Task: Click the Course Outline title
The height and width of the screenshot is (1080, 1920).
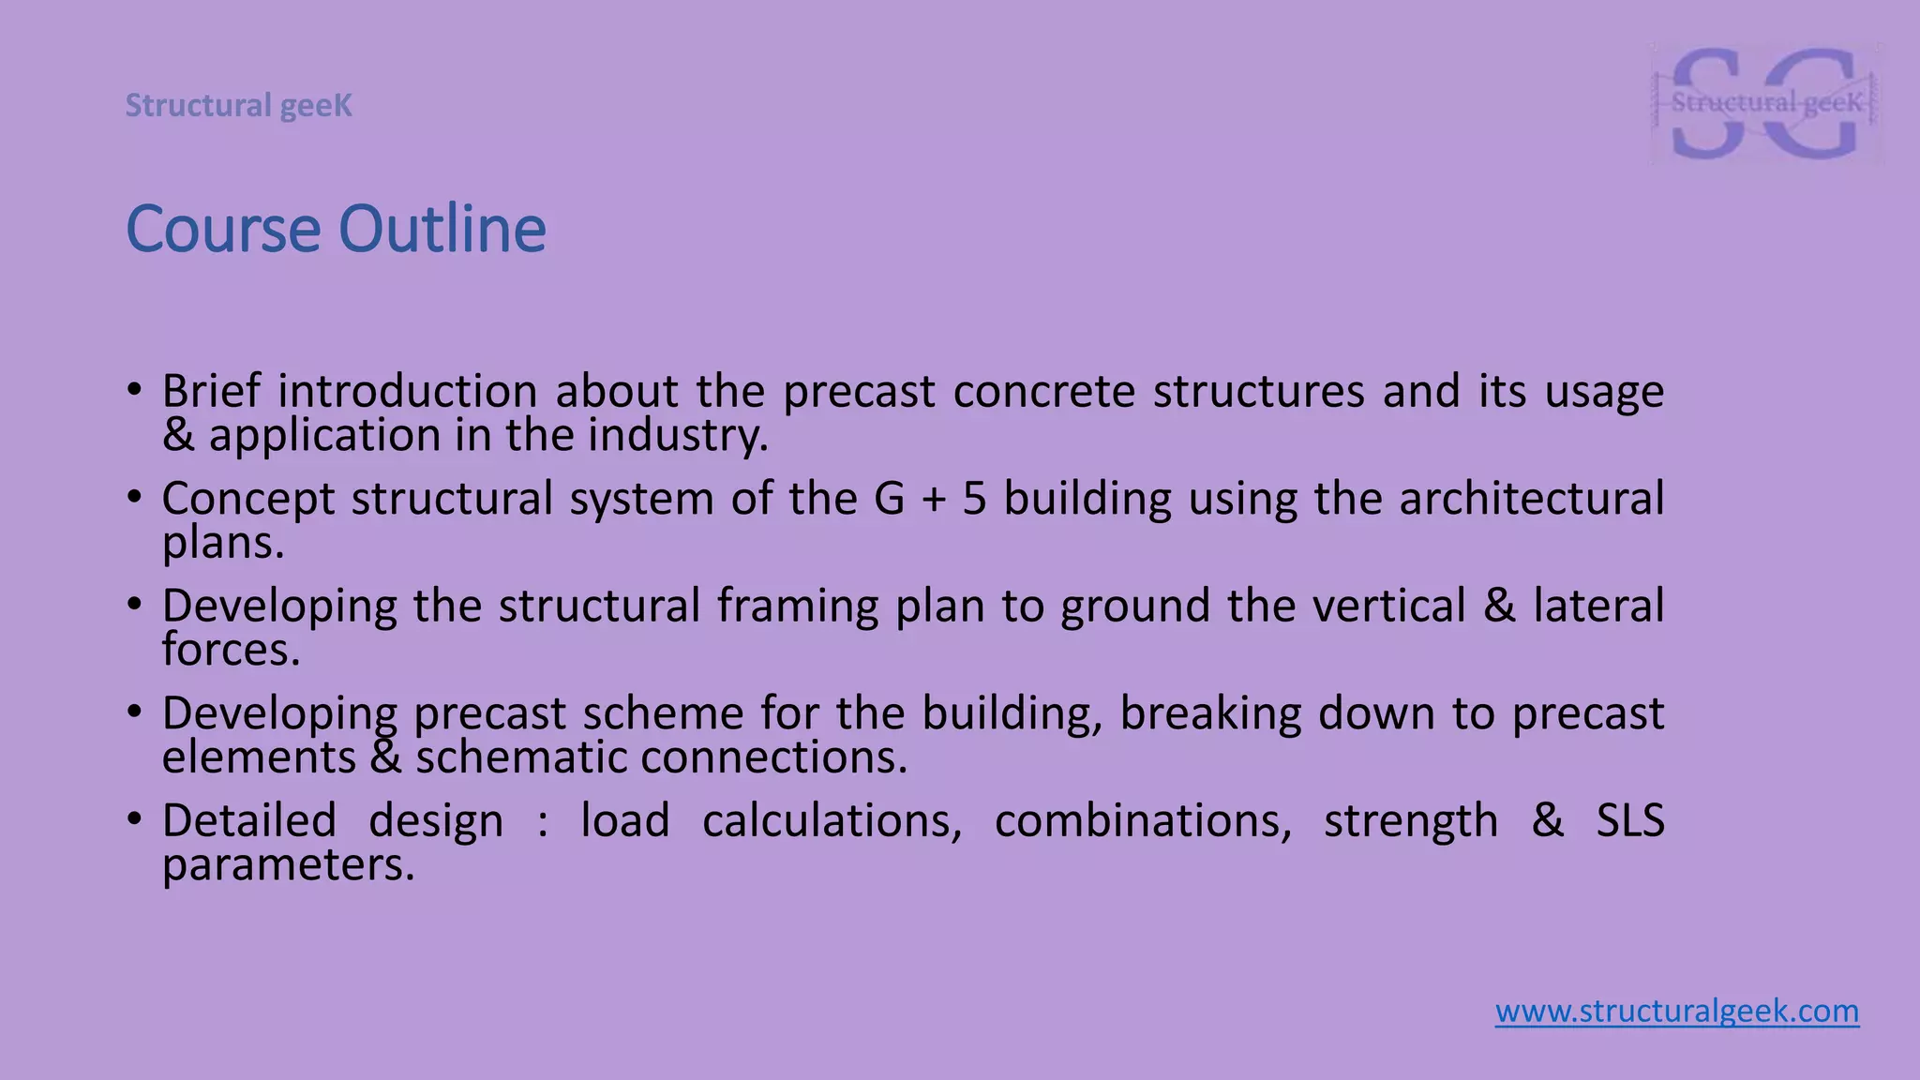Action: click(336, 230)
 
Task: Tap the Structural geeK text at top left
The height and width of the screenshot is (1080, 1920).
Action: click(239, 106)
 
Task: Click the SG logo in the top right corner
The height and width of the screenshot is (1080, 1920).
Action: click(1766, 103)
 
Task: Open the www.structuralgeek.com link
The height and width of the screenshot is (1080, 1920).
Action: click(1676, 1012)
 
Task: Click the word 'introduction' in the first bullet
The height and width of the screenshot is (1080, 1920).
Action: click(407, 391)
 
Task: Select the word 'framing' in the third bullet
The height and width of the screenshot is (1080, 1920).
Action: click(798, 606)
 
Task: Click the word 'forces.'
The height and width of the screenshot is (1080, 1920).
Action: click(231, 650)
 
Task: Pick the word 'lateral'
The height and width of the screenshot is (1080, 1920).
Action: click(1598, 606)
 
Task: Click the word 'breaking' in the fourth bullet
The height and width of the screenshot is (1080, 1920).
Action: click(1210, 713)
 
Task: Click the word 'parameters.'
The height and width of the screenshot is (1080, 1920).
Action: click(288, 865)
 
